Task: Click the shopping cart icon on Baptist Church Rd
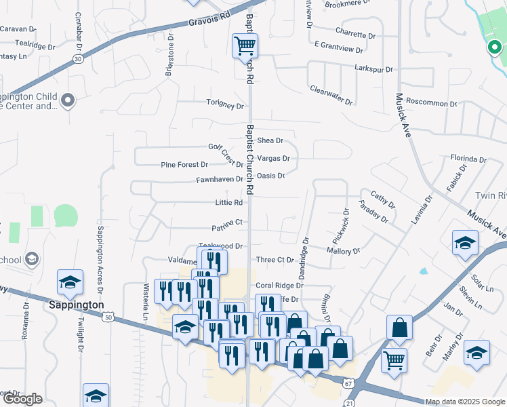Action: click(x=245, y=47)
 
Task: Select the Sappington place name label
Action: click(x=76, y=305)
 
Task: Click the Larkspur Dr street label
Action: click(x=373, y=69)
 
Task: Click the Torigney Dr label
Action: click(x=225, y=105)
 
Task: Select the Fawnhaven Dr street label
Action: click(x=219, y=180)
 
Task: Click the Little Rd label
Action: click(x=228, y=203)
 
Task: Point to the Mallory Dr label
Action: click(x=343, y=251)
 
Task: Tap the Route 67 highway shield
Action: click(x=348, y=383)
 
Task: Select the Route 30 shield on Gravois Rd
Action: click(x=79, y=59)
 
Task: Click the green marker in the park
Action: click(x=493, y=47)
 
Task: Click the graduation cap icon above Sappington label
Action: click(x=70, y=284)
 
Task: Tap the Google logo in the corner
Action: click(x=22, y=399)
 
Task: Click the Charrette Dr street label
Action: click(x=354, y=34)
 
